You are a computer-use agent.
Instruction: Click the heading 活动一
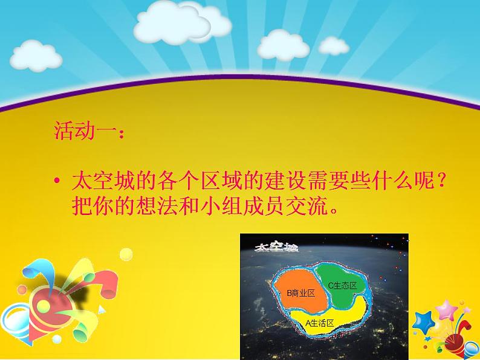tap(85, 131)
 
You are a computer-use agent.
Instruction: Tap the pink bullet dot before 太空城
tap(57, 181)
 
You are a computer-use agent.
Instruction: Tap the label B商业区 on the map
tap(300, 294)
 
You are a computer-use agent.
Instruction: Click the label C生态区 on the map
tap(343, 285)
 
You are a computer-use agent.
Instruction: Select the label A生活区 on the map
tap(319, 323)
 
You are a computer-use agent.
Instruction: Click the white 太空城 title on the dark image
tap(276, 247)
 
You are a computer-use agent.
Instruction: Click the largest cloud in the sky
tap(181, 23)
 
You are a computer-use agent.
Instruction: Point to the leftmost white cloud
tap(36, 56)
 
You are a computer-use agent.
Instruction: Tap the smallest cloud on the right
tap(333, 46)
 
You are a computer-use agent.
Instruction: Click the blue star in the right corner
tap(423, 323)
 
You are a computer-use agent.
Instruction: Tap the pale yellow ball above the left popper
tap(126, 254)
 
